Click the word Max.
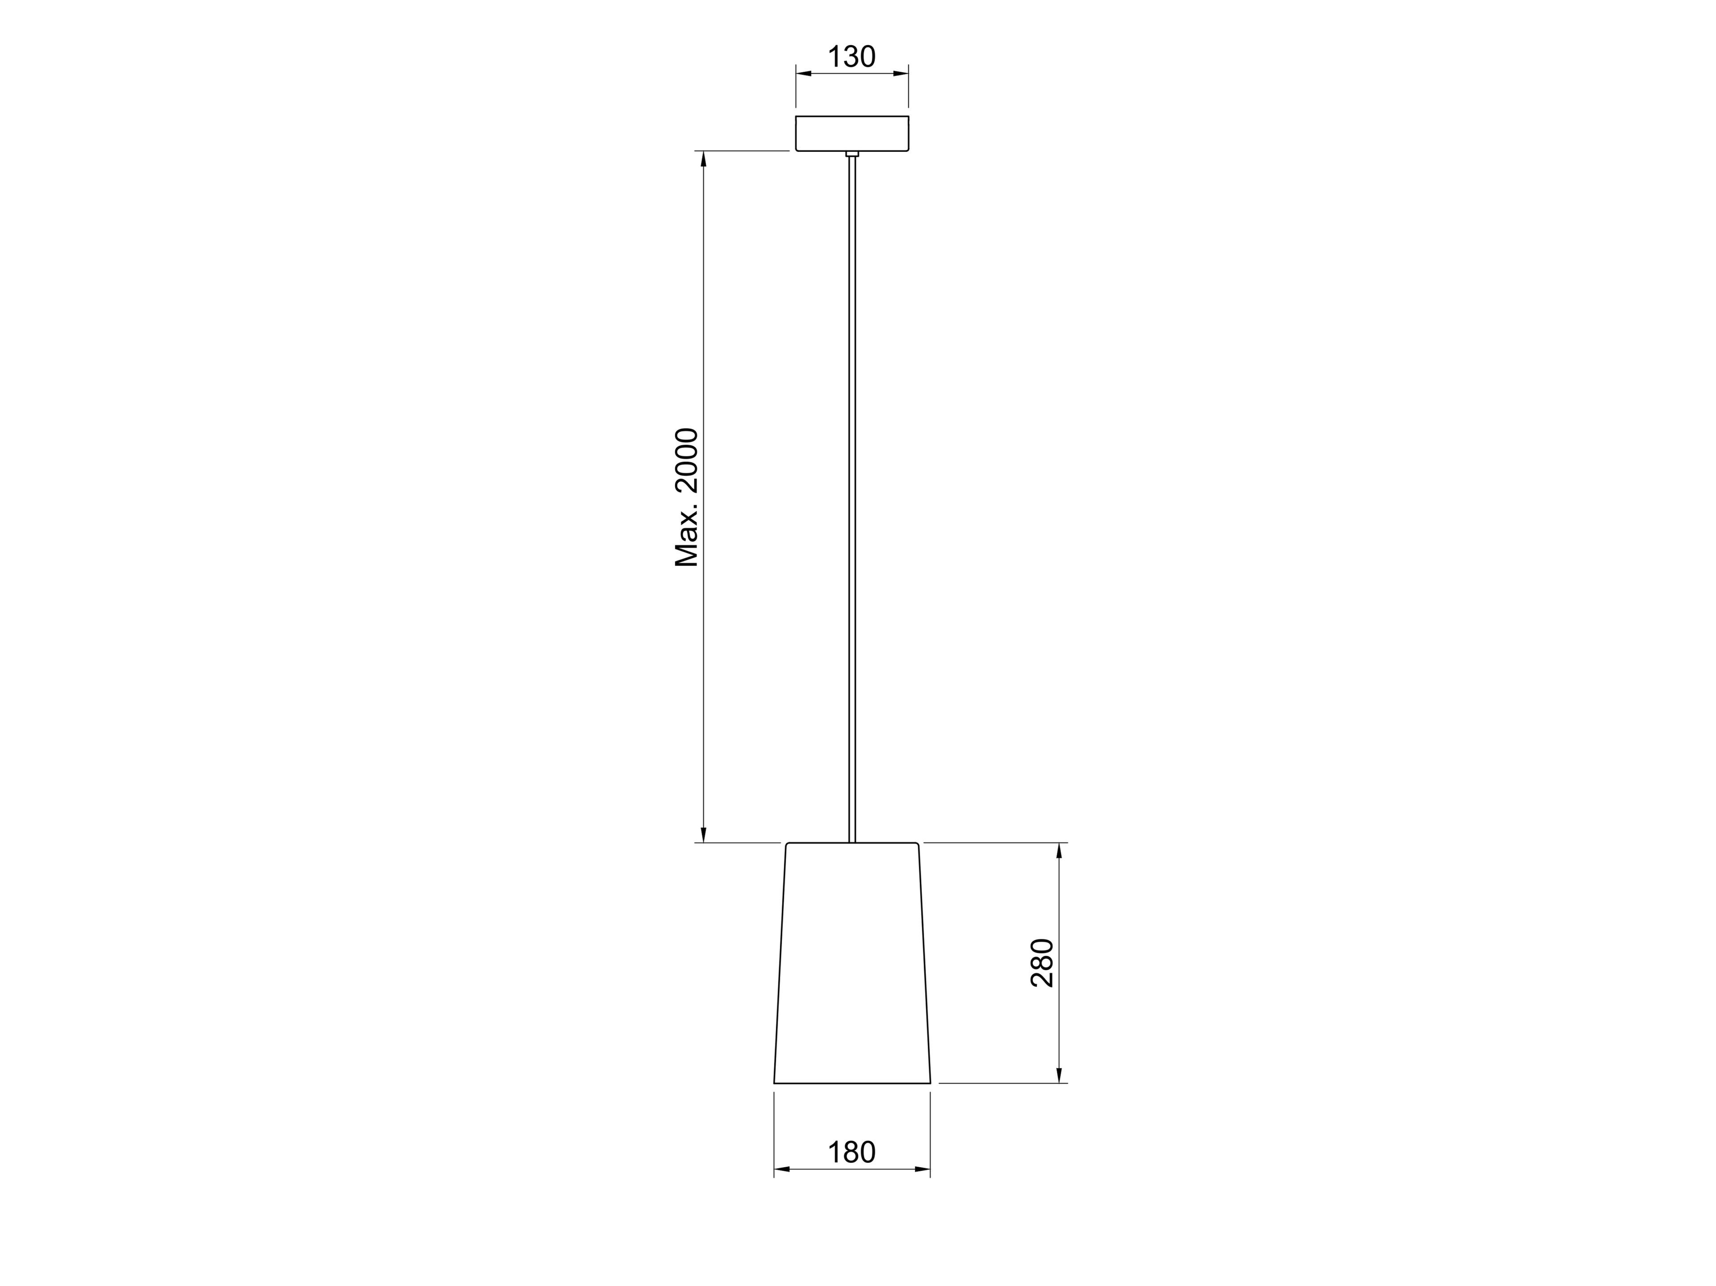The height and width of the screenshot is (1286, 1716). click(x=687, y=540)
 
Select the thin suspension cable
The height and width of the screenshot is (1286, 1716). click(x=852, y=496)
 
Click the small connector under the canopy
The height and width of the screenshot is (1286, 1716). click(x=852, y=154)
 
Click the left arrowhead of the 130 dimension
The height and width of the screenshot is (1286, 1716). click(x=803, y=74)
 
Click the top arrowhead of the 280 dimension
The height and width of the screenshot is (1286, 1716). click(x=1059, y=851)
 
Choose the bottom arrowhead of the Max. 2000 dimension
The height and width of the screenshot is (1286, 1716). click(x=704, y=834)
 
